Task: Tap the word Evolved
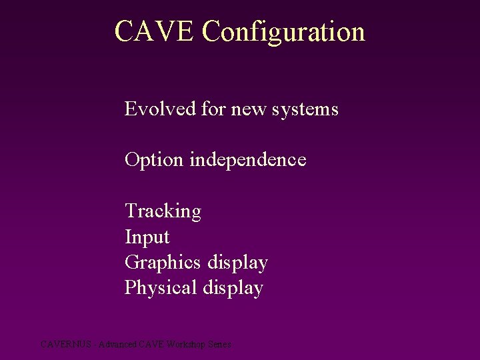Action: (160, 109)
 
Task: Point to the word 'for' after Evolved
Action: (213, 109)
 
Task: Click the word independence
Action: (248, 160)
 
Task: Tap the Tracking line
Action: (163, 211)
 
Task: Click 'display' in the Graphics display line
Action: (237, 263)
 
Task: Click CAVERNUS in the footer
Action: (62, 345)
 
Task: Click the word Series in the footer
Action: (219, 345)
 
